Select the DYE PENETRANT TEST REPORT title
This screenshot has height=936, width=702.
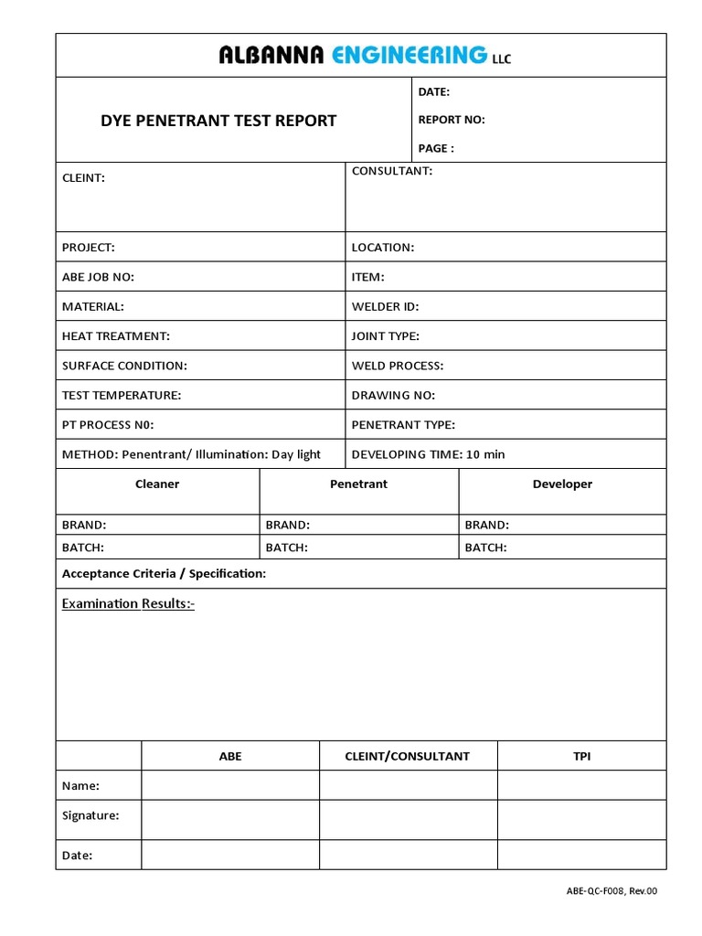click(x=218, y=120)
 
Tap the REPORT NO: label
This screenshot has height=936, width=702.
click(x=452, y=120)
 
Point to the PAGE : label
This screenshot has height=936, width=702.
click(x=436, y=148)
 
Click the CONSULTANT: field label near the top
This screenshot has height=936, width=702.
click(x=392, y=171)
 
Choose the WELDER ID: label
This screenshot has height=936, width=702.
click(x=385, y=307)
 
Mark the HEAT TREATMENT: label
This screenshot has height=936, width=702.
click(x=116, y=336)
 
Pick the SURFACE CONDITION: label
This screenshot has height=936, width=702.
click(x=124, y=366)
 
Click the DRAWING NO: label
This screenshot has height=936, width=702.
click(x=393, y=395)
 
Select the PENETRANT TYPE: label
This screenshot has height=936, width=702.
click(x=403, y=424)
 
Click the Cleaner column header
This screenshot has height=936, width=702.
click(x=157, y=484)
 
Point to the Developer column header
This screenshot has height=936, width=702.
click(x=562, y=484)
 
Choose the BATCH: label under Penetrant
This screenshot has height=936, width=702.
click(x=287, y=548)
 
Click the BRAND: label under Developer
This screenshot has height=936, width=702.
click(x=487, y=526)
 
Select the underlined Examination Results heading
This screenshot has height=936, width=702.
click(x=128, y=604)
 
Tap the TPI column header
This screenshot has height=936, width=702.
click(x=581, y=757)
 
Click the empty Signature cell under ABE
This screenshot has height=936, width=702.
click(x=230, y=815)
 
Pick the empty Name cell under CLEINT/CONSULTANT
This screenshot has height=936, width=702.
click(x=408, y=786)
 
